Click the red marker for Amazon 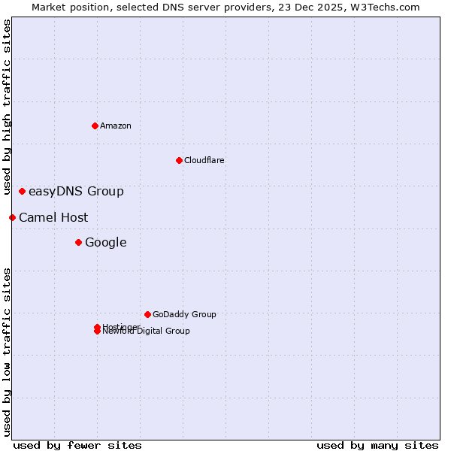tap(95, 126)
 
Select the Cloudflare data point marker tap(179, 160)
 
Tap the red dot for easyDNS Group tap(23, 191)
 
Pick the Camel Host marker tap(12, 217)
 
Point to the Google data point tap(78, 242)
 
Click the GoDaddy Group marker tap(147, 314)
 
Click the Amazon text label tap(116, 126)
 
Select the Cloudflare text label tap(204, 160)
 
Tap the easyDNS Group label tap(76, 191)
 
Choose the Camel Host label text tap(53, 217)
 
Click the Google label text tap(106, 242)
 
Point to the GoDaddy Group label tap(184, 314)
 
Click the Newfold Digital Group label tap(147, 331)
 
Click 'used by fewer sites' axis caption tap(77, 445)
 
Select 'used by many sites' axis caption tap(377, 445)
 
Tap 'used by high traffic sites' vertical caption tap(7, 107)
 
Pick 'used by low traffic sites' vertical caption tap(7, 352)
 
